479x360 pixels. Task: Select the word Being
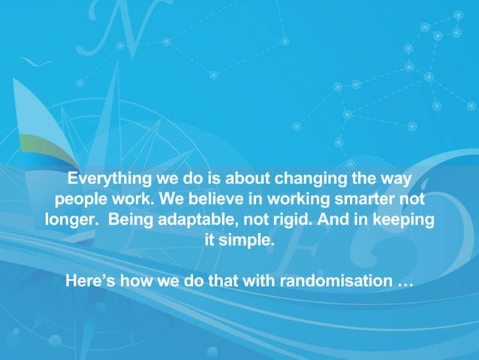click(x=132, y=221)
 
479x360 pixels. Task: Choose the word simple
click(x=246, y=241)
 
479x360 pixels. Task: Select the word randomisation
click(x=335, y=283)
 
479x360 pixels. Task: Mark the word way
click(x=396, y=180)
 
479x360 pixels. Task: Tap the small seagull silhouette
click(x=35, y=62)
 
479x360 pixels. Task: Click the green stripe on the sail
click(x=41, y=142)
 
